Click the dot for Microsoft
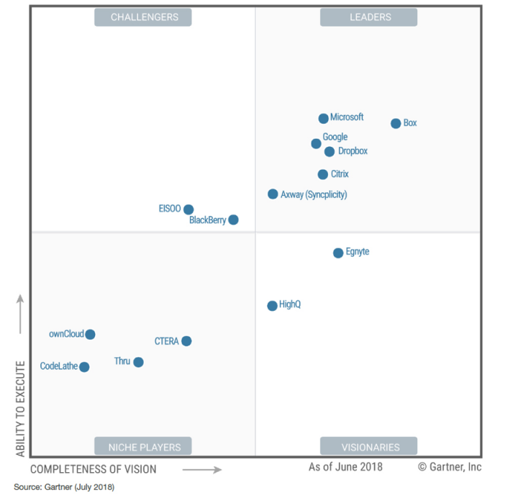(x=324, y=119)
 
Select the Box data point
(x=396, y=124)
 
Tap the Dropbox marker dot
(x=330, y=152)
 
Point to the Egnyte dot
(x=338, y=253)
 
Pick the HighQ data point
(x=272, y=306)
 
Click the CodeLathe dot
(x=84, y=367)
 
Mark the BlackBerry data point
(x=233, y=220)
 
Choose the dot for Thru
(x=138, y=362)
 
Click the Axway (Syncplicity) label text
(x=314, y=194)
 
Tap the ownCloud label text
(x=66, y=334)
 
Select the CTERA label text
(x=166, y=341)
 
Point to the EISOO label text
(x=170, y=209)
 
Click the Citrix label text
(x=340, y=174)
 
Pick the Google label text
(x=335, y=137)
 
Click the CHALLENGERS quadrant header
(x=144, y=17)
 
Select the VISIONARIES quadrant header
(x=370, y=447)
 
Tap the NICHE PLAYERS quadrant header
(x=144, y=447)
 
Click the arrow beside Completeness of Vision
(x=201, y=470)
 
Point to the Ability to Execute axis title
(x=20, y=409)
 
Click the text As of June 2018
(x=345, y=467)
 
